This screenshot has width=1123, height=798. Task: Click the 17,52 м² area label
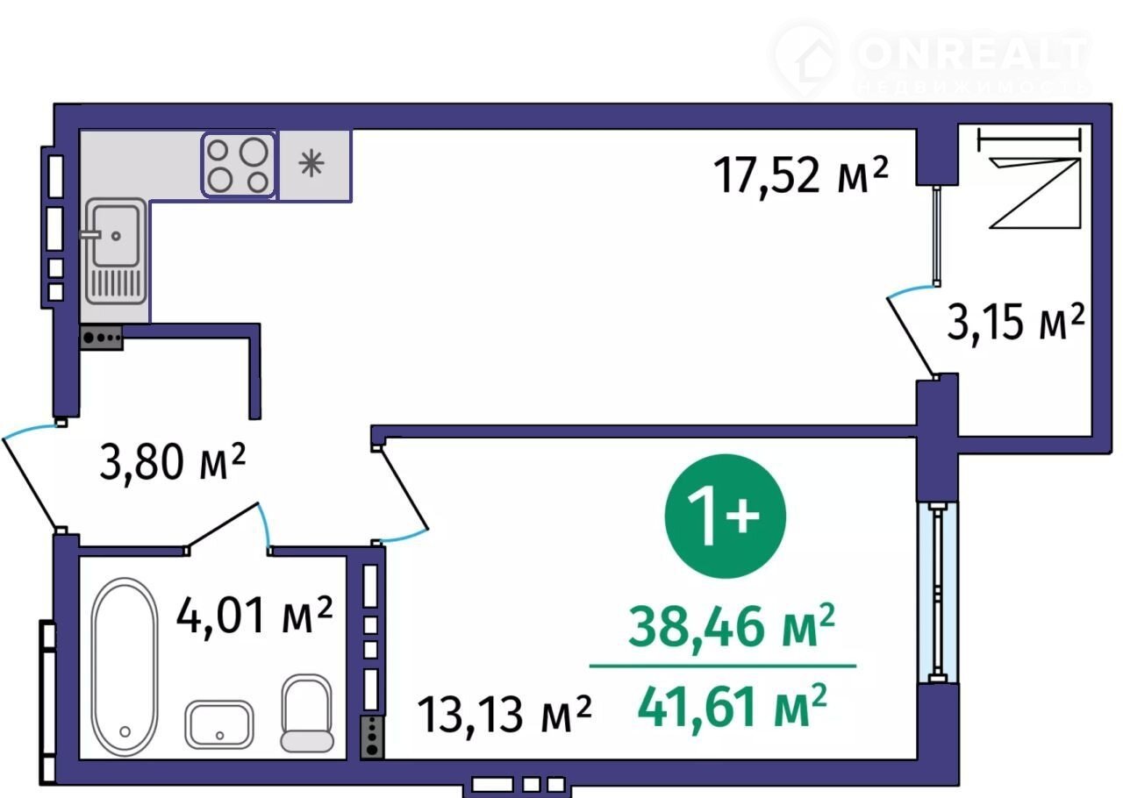pyautogui.click(x=801, y=175)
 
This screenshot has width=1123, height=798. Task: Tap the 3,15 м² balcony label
pyautogui.click(x=1016, y=323)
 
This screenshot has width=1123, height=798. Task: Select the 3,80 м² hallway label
pyautogui.click(x=173, y=461)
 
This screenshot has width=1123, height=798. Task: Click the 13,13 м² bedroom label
pyautogui.click(x=504, y=716)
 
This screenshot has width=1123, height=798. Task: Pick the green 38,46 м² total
pyautogui.click(x=732, y=628)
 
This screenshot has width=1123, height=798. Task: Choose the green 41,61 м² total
pyautogui.click(x=732, y=708)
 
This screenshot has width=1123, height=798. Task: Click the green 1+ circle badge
pyautogui.click(x=725, y=516)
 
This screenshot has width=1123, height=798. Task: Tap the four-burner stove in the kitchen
pyautogui.click(x=238, y=165)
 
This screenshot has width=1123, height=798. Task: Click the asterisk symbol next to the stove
pyautogui.click(x=311, y=163)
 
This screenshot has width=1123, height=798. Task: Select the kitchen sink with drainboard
pyautogui.click(x=116, y=252)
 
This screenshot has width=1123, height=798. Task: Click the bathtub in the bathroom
pyautogui.click(x=125, y=666)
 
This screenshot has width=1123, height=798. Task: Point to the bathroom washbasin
pyautogui.click(x=219, y=725)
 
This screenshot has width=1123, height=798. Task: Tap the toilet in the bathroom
pyautogui.click(x=307, y=713)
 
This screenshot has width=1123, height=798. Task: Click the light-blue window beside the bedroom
pyautogui.click(x=937, y=593)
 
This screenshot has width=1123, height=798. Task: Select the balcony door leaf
pyautogui.click(x=911, y=337)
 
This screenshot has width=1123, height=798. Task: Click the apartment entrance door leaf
pyautogui.click(x=31, y=484)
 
